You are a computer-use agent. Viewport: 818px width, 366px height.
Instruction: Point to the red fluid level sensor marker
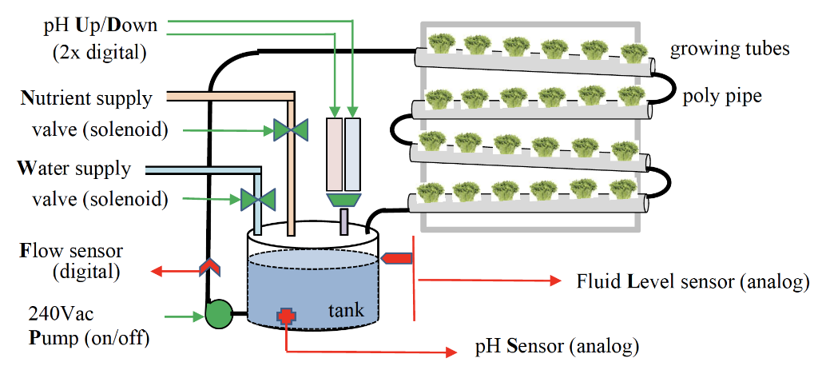pos(398,257)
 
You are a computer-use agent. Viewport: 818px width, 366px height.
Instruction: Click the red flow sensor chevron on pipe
pos(210,269)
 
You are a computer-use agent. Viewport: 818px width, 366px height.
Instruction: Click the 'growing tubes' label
pos(729,49)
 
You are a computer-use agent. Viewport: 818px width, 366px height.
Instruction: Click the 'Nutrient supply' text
pos(85,99)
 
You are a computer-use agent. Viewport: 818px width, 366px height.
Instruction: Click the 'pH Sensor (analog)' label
pos(557,348)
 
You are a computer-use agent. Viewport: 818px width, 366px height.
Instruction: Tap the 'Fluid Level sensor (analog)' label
pos(693,281)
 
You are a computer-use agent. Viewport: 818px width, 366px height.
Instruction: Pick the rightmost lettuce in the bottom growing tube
pos(623,193)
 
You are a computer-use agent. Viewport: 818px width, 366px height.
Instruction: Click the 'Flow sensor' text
pos(71,250)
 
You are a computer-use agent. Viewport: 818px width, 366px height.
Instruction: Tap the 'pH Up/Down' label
pos(100,25)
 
